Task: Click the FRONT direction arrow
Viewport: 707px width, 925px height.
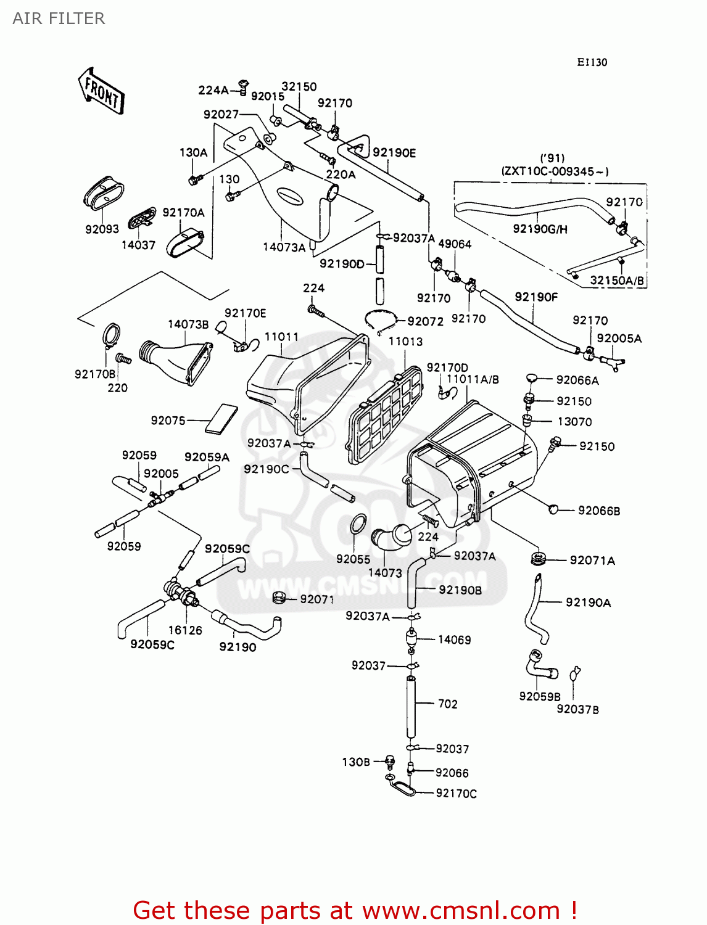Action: (101, 92)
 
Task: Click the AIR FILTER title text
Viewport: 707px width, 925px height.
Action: (59, 18)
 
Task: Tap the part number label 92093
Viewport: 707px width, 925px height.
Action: (102, 229)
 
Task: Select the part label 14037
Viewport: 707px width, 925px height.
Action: (138, 245)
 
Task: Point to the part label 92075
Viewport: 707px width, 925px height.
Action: (168, 421)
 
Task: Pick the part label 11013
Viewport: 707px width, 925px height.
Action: (405, 341)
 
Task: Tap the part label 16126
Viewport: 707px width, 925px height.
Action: (185, 630)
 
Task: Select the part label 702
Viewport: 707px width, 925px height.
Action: (447, 704)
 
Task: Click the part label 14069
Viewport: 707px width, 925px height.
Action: (454, 639)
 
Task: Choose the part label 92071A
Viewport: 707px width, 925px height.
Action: (592, 560)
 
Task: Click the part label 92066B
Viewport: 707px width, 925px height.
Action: (598, 511)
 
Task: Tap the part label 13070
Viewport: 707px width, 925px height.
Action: (574, 422)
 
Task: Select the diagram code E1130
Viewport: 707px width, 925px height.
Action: (592, 62)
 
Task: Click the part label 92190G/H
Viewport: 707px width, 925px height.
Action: (540, 229)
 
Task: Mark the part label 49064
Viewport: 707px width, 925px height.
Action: (455, 244)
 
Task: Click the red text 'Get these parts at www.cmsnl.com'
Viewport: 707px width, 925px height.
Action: (355, 910)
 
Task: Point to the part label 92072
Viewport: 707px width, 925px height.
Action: (425, 321)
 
